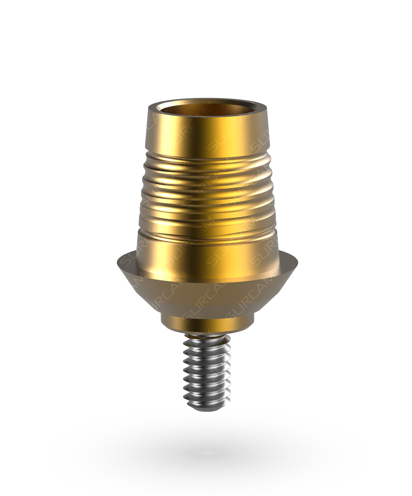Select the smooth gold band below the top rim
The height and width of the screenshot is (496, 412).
[208, 132]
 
